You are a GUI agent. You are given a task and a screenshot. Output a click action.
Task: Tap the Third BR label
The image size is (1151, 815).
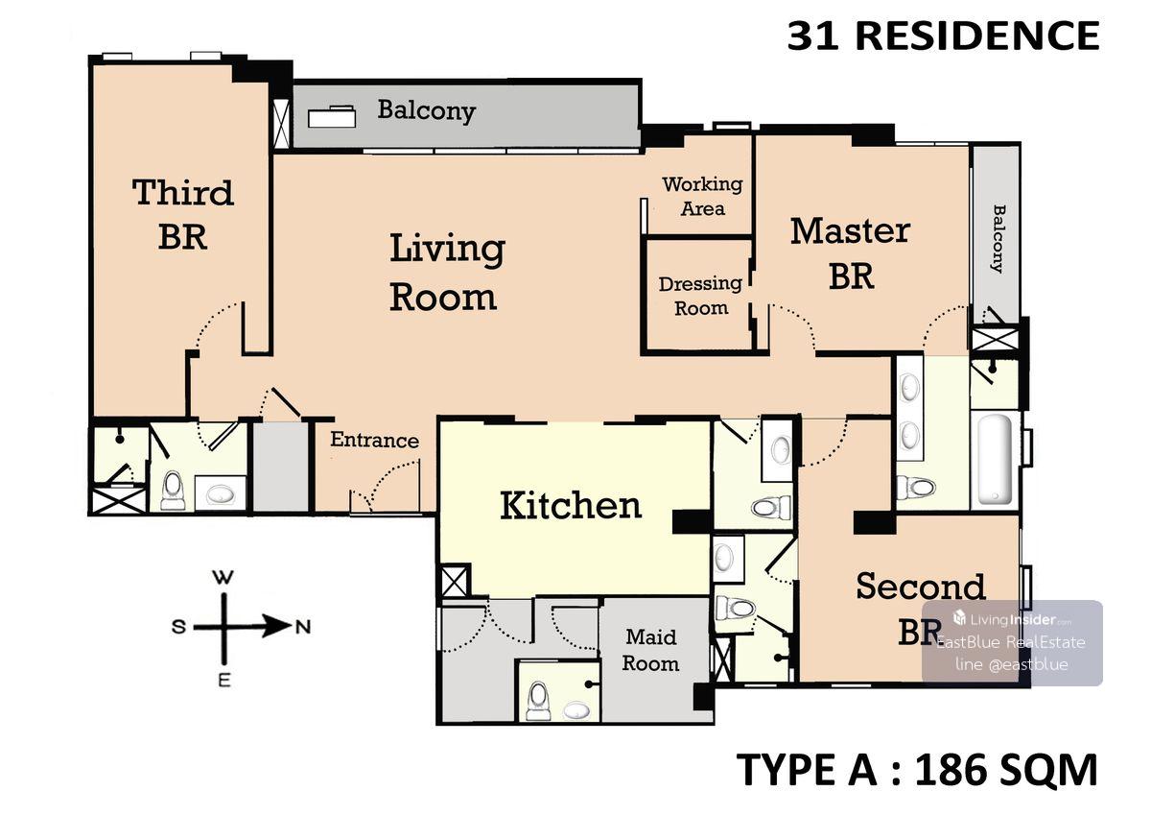[x=183, y=214]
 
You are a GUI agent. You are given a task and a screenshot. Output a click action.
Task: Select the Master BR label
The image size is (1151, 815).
[x=851, y=254]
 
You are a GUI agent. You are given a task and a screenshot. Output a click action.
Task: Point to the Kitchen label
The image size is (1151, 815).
[x=571, y=506]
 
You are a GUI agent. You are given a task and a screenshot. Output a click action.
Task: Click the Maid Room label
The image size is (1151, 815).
[x=650, y=651]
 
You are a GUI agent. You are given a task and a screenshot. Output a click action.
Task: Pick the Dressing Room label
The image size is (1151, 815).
[x=700, y=296]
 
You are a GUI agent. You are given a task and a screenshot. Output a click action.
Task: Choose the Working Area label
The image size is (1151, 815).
[x=702, y=197]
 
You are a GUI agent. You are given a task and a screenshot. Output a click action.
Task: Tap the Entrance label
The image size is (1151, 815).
[x=375, y=440]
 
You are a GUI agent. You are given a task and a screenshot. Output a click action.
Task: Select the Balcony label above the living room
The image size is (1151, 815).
[x=427, y=110]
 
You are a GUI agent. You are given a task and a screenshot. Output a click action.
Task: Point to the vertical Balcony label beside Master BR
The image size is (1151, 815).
[x=998, y=239]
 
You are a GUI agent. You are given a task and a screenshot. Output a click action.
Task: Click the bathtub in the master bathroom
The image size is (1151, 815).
[x=996, y=459]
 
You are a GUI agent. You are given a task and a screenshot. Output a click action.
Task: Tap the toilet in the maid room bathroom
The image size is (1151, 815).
[x=538, y=700]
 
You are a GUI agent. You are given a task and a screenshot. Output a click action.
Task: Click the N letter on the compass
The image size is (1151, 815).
[x=303, y=627]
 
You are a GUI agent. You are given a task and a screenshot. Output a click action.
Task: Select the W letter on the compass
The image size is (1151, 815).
[x=224, y=578]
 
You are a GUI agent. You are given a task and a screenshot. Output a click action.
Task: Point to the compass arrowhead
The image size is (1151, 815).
[x=276, y=626]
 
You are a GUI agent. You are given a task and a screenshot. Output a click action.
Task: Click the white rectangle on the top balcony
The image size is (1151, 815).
[x=332, y=117]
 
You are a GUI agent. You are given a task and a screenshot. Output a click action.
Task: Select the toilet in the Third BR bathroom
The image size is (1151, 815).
[x=173, y=491]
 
